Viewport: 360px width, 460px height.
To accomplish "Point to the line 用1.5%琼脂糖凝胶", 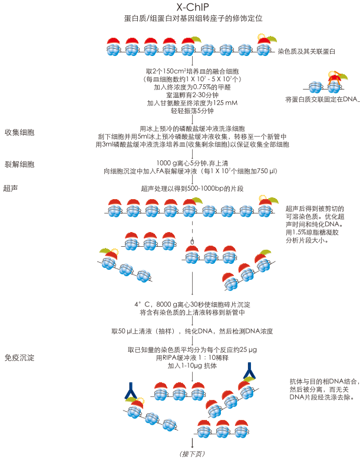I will (x=310, y=232).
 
